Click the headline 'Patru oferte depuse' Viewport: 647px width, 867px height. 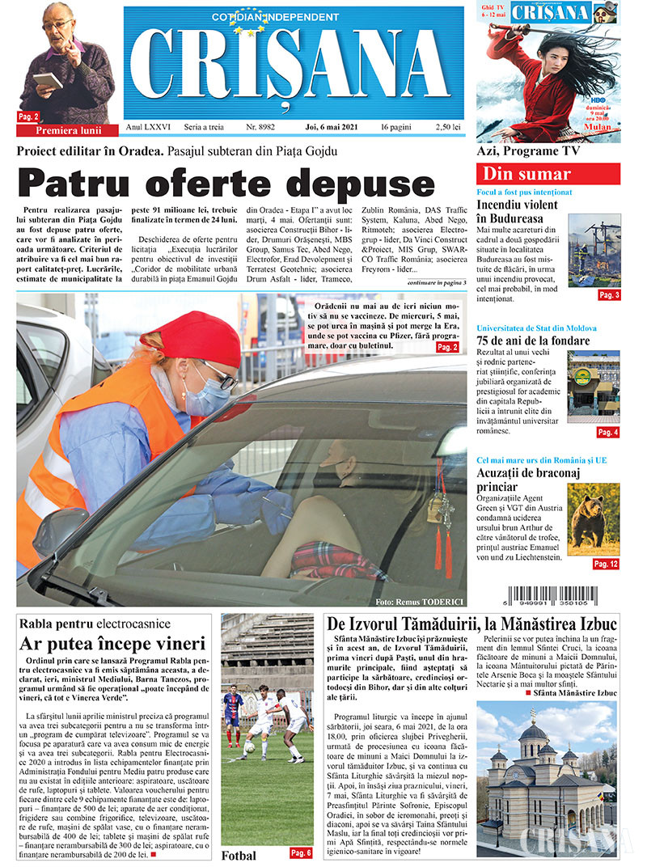[x=226, y=183]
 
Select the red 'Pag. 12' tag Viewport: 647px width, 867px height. [x=605, y=563]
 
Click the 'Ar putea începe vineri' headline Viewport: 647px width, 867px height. [x=113, y=645]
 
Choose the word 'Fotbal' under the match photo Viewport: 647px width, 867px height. [x=239, y=856]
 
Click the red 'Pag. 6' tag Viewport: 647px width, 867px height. [x=300, y=852]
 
